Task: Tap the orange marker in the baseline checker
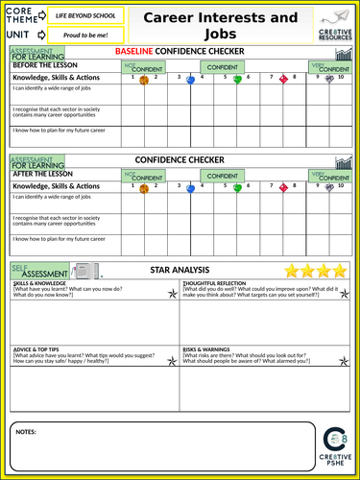(144, 81)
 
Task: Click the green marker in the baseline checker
(237, 80)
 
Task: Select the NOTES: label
(27, 433)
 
